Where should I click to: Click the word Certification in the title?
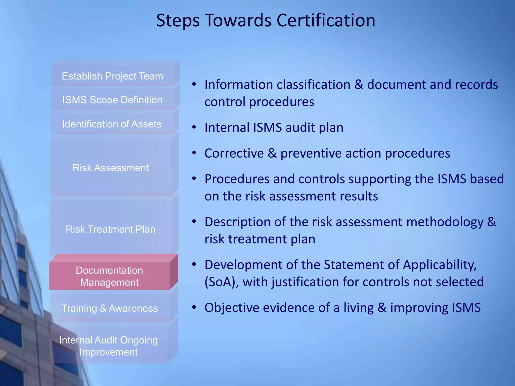click(x=326, y=20)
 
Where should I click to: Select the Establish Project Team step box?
click(x=112, y=76)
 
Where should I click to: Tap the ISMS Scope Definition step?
click(x=112, y=100)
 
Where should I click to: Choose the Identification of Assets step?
click(x=112, y=124)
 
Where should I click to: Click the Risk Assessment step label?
click(x=111, y=168)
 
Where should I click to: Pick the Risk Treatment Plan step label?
click(x=110, y=229)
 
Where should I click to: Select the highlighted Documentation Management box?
click(x=109, y=276)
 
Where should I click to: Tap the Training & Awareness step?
click(x=110, y=308)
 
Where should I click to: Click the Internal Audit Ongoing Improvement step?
click(x=108, y=346)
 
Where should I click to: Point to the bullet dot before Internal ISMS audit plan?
click(x=194, y=127)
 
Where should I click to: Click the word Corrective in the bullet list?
click(x=234, y=153)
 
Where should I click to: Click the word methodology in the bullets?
click(x=445, y=222)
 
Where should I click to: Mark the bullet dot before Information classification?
click(x=194, y=84)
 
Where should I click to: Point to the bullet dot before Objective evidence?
click(x=194, y=307)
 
